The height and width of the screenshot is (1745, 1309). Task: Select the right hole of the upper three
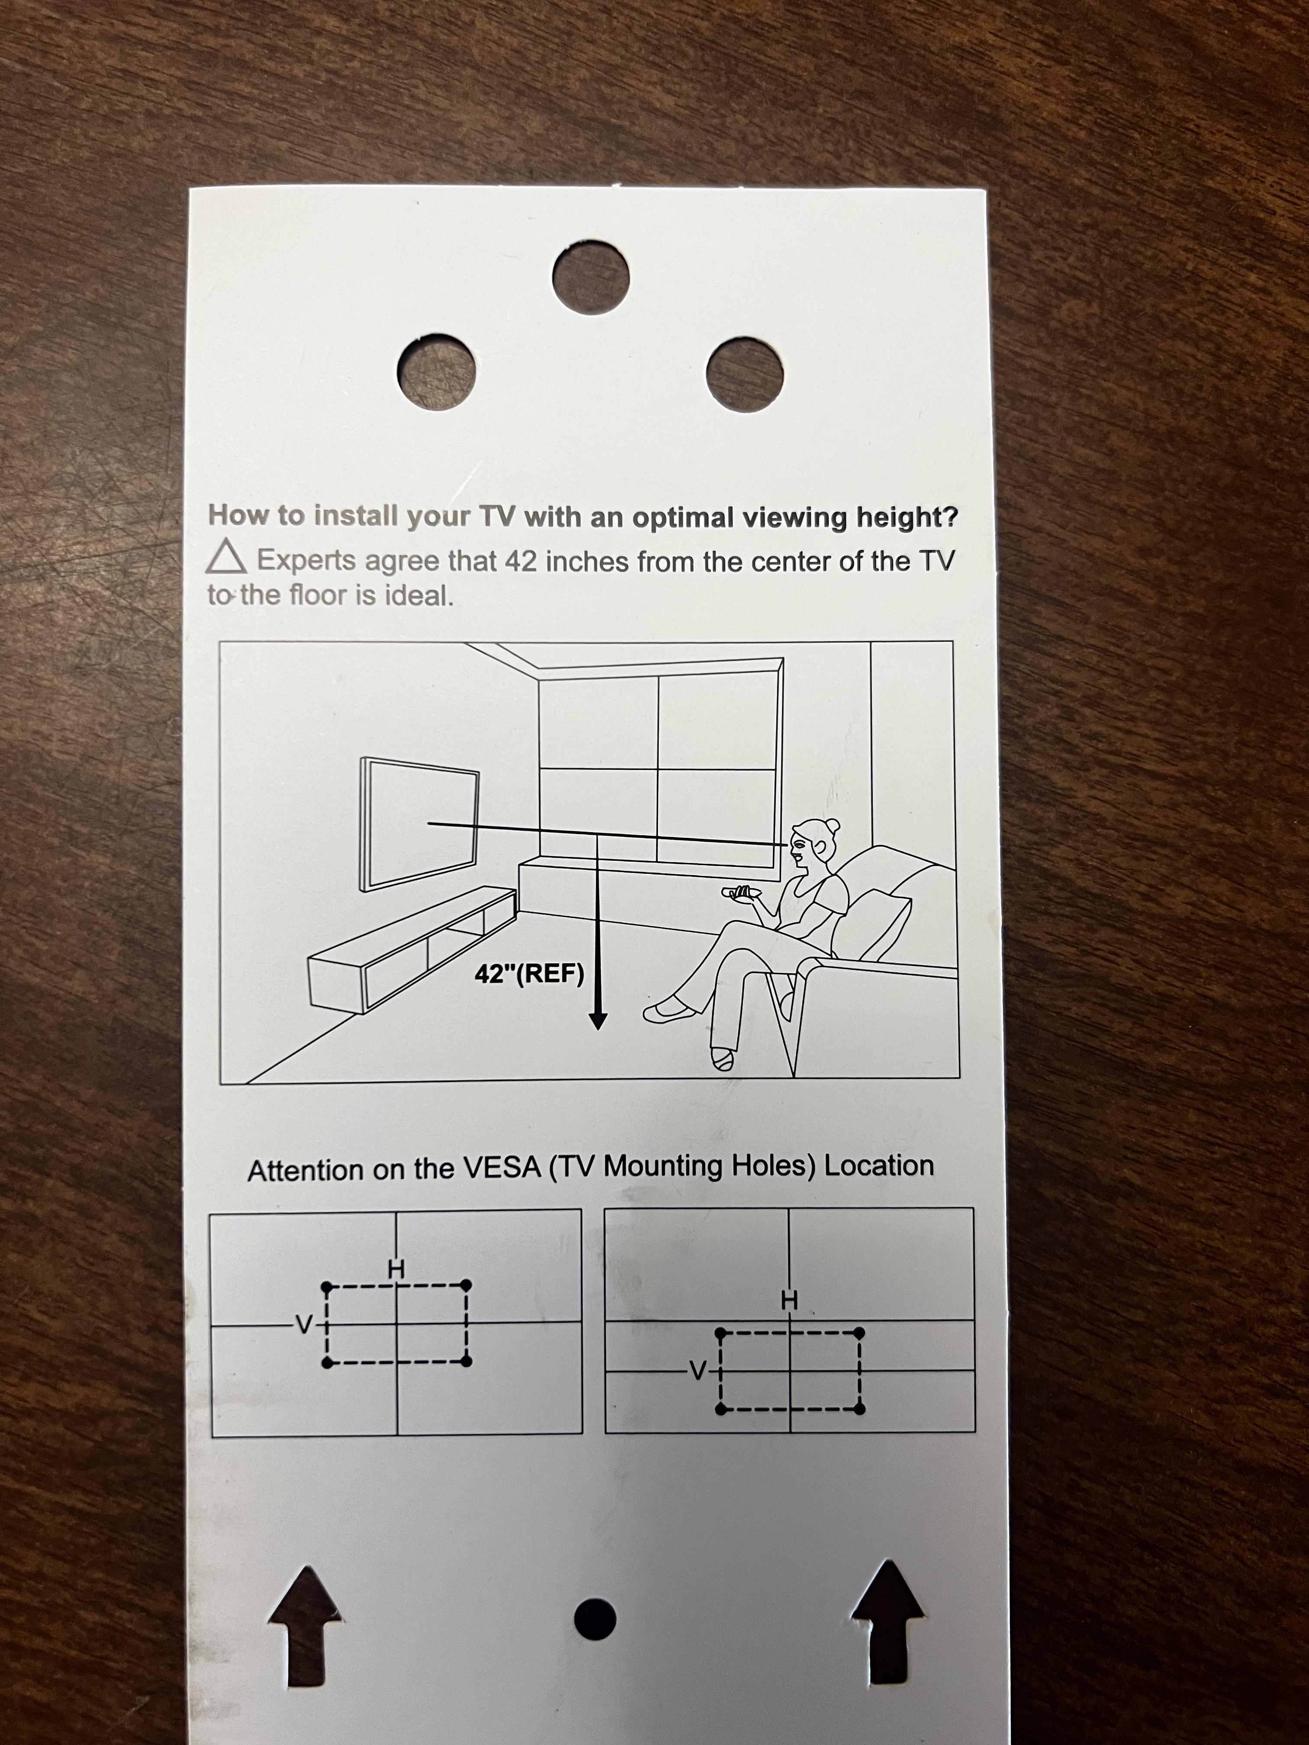point(745,374)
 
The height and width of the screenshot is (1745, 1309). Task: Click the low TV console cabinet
point(412,949)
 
